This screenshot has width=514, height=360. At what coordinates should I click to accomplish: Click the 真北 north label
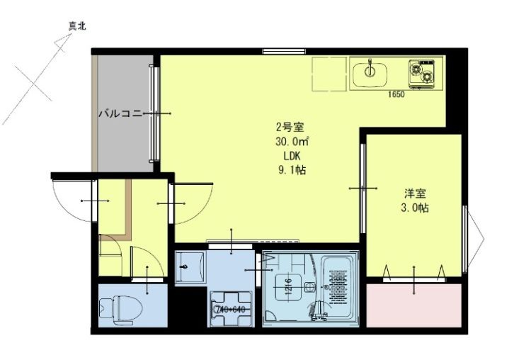click(77, 26)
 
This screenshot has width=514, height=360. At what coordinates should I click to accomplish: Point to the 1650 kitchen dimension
click(396, 94)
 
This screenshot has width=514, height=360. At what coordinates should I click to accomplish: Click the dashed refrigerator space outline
click(330, 75)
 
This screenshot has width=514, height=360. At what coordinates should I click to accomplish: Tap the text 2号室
click(290, 128)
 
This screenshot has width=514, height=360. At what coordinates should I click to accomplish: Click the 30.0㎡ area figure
click(290, 142)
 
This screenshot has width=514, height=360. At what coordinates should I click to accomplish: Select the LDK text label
click(291, 155)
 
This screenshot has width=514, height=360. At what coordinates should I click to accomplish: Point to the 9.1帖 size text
click(291, 169)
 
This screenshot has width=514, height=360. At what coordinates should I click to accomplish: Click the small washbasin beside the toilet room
click(188, 268)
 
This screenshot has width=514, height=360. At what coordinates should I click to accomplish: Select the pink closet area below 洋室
click(413, 305)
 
